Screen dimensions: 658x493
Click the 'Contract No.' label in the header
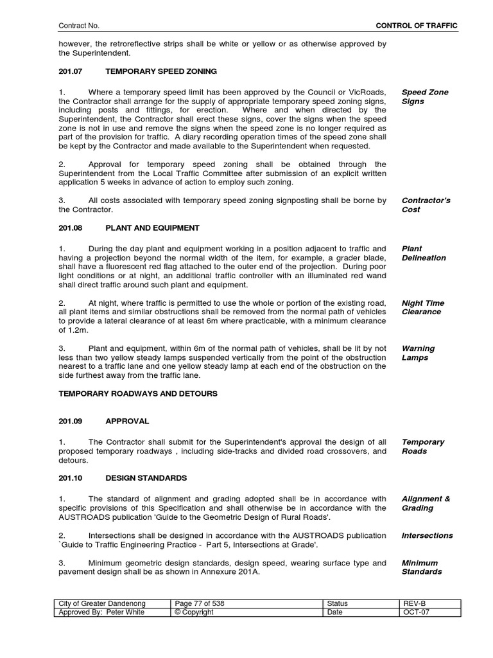79,25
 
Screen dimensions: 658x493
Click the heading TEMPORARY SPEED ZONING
161,71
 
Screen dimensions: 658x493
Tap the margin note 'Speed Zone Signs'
424,97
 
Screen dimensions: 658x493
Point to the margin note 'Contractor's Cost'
426,205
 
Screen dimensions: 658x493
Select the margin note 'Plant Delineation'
423,253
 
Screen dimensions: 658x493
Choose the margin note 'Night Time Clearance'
422,307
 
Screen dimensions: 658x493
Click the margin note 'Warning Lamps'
418,353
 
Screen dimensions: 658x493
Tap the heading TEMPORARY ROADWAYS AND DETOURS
138,393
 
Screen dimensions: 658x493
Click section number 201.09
71,422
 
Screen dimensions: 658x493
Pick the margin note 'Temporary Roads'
422,447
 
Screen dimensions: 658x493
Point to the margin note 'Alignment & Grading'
426,503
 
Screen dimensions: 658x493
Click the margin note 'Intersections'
427,535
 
